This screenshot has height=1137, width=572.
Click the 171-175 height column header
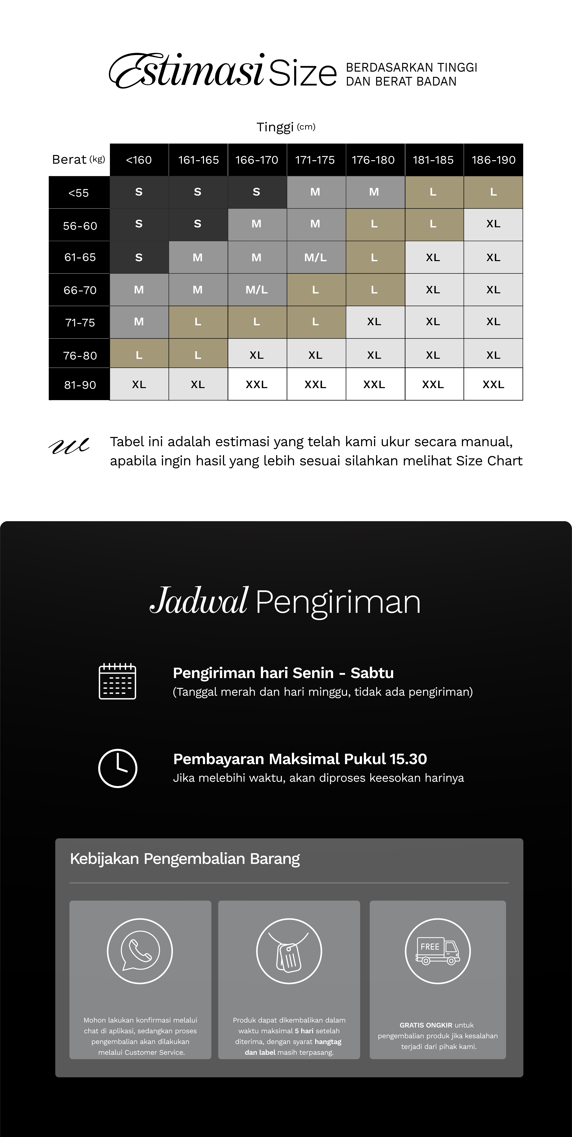[x=315, y=160]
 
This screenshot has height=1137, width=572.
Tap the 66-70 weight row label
[x=80, y=290]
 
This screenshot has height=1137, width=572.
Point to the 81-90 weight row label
[x=80, y=385]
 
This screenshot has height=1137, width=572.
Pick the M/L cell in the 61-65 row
[x=315, y=257]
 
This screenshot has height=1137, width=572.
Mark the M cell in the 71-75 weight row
[x=139, y=322]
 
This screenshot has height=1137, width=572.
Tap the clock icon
[x=117, y=768]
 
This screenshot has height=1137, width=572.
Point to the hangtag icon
[x=289, y=951]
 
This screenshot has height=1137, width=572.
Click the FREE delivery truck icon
[x=438, y=951]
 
